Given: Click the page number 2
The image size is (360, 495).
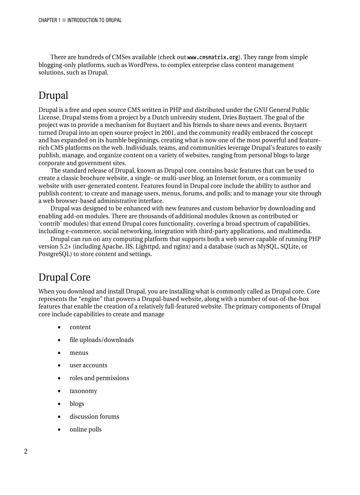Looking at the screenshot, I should [x=26, y=451].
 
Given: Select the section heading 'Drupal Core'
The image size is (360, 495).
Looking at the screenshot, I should [x=64, y=277].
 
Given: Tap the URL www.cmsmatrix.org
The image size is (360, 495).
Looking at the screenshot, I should [x=213, y=57].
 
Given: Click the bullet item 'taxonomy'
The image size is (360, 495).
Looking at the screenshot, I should [x=83, y=391].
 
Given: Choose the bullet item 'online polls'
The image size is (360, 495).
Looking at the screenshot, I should [x=85, y=429].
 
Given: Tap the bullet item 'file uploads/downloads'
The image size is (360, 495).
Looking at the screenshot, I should [x=101, y=340].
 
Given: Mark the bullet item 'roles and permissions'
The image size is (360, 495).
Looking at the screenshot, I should [x=99, y=378].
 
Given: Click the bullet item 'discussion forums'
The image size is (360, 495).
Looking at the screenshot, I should [x=94, y=417].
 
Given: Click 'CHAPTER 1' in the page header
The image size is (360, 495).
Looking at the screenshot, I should [x=49, y=20].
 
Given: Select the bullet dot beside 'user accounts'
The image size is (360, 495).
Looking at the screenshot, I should [x=59, y=365].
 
